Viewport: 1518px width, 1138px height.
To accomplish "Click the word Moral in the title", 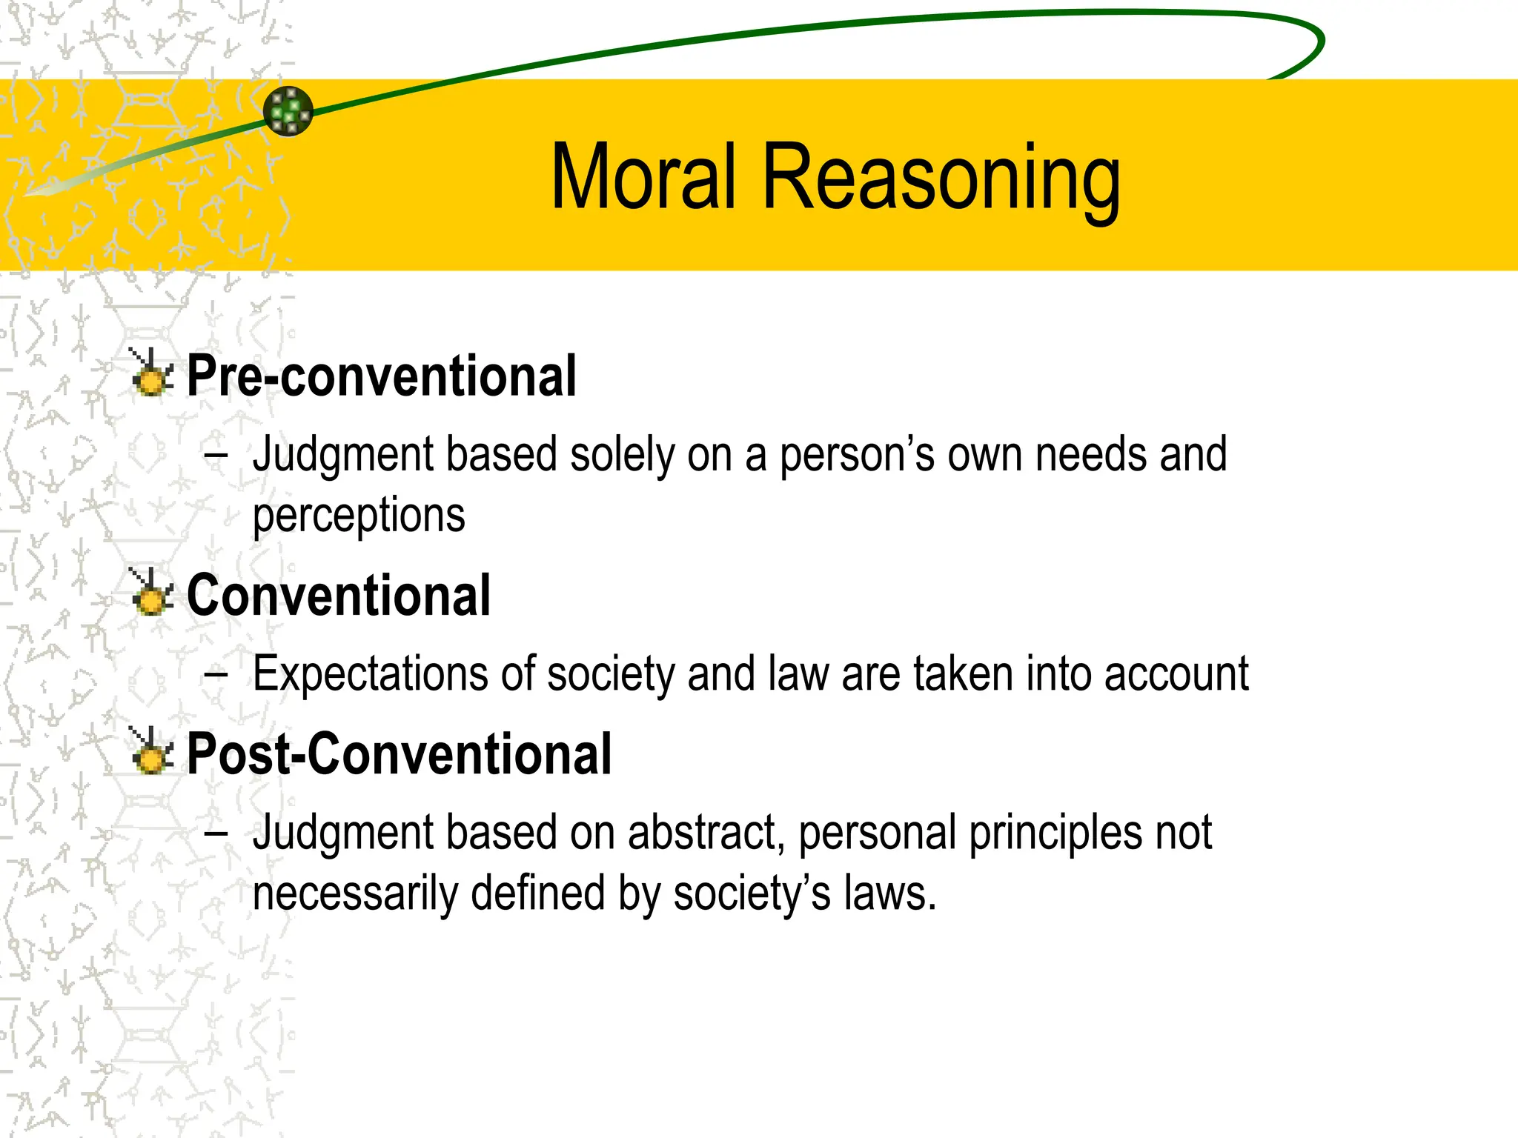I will coord(643,178).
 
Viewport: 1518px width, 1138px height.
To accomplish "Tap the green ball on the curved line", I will coord(288,111).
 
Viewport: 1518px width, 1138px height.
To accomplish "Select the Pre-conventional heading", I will coord(381,376).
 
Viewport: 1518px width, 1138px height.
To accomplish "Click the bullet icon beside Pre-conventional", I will coord(151,373).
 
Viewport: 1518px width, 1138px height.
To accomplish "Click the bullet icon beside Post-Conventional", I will coord(151,752).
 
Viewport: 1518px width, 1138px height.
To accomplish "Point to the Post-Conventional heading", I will coord(399,754).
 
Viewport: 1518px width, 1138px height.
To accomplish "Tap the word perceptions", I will coord(359,516).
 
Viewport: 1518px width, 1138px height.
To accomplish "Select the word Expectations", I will coord(370,674).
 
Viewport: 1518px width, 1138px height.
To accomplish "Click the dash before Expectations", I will coord(215,674).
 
